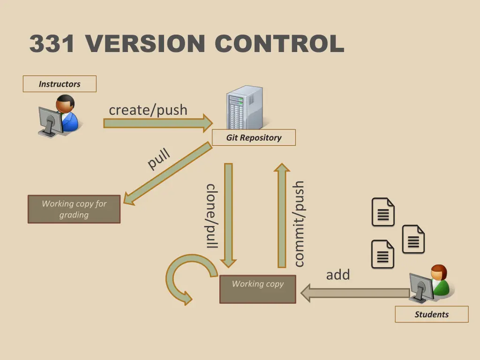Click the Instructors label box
tap(60, 84)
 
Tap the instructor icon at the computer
tap(58, 116)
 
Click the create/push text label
tap(148, 110)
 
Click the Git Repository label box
tap(254, 138)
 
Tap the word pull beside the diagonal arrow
tap(158, 158)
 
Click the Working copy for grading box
tap(74, 209)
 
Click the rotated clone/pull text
tap(212, 216)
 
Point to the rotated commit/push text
tap(298, 224)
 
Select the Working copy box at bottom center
tap(258, 289)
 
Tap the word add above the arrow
tap(338, 275)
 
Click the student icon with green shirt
tap(432, 284)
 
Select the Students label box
tap(431, 315)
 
